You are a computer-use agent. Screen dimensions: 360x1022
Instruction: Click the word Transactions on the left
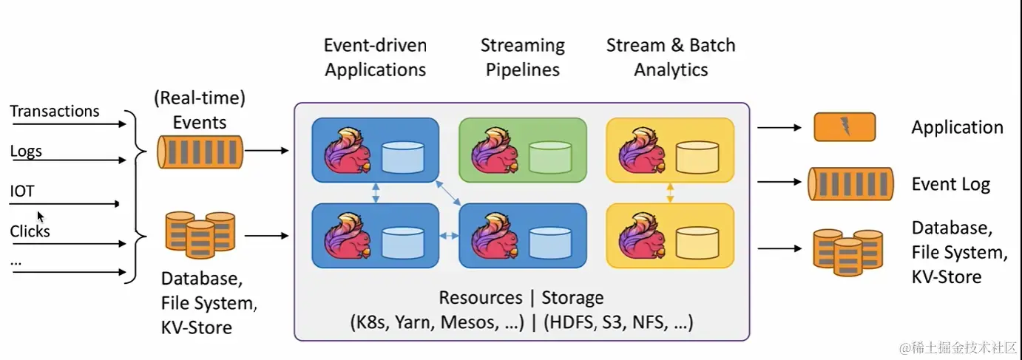point(55,112)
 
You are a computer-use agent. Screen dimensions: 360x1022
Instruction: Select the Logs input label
point(26,152)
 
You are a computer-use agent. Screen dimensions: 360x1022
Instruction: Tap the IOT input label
point(22,191)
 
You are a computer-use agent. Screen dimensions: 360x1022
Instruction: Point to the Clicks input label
point(30,231)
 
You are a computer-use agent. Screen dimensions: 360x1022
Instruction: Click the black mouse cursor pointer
point(41,217)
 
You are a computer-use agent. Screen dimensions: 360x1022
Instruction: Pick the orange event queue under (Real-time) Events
point(200,152)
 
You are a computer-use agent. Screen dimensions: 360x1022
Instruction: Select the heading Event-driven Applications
point(375,58)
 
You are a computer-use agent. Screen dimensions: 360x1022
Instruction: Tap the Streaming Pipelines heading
point(522,58)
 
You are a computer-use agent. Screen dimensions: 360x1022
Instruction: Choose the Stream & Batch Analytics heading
point(671,58)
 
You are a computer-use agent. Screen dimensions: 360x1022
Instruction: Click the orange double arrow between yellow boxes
point(670,193)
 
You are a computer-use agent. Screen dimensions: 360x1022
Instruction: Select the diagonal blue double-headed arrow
point(449,193)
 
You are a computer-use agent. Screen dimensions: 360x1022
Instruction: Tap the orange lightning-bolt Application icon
point(845,126)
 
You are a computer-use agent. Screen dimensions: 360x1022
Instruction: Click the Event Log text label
point(950,184)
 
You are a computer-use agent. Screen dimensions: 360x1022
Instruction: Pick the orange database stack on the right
point(847,252)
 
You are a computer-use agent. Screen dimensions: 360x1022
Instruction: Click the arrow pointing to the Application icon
point(779,127)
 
